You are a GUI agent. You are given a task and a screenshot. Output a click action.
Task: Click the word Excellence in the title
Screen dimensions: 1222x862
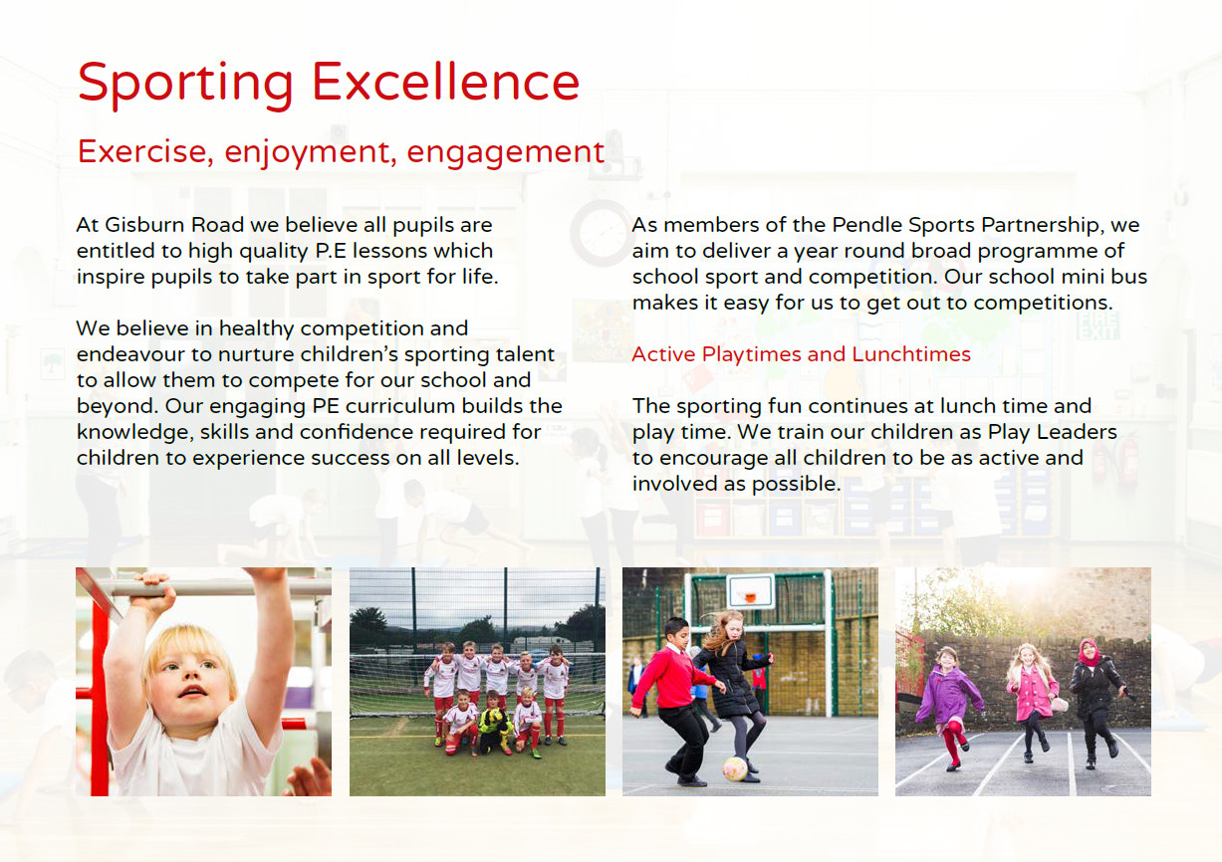pos(445,82)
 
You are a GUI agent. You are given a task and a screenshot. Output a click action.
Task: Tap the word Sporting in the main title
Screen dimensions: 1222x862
pos(185,86)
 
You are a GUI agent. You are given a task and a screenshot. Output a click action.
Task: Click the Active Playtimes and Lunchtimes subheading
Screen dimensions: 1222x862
pos(802,354)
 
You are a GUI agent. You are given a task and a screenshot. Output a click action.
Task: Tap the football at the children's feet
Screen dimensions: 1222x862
pos(735,768)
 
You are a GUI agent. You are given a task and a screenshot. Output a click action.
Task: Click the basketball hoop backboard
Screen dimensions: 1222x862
pos(751,591)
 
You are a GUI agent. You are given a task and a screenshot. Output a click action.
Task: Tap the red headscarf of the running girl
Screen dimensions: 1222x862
pos(1090,653)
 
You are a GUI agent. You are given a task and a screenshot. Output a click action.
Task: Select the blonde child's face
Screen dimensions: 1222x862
pos(184,679)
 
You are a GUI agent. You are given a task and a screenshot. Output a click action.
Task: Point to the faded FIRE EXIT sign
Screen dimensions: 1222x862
pos(1099,326)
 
